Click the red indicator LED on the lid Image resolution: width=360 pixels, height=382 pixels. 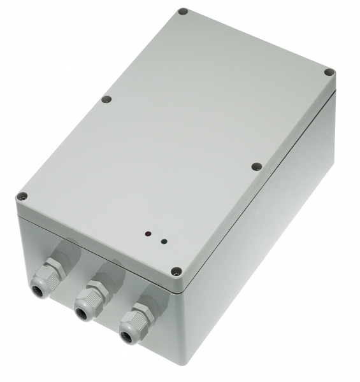(147, 234)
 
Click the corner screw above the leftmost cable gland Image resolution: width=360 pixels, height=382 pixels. (22, 197)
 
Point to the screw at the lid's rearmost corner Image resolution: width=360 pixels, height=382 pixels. (183, 11)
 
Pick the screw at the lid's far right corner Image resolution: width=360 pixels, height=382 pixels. (329, 72)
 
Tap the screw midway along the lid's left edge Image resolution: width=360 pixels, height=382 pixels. (106, 99)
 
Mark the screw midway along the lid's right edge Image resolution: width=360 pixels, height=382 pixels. (257, 166)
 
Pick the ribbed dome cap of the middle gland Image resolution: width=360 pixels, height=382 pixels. (86, 307)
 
